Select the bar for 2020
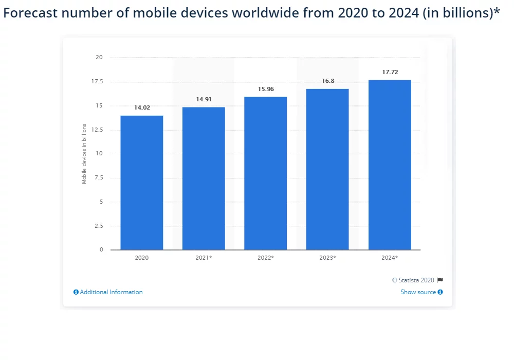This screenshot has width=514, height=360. [x=142, y=183]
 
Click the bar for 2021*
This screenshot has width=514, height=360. [x=204, y=178]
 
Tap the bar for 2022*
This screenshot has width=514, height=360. [x=265, y=173]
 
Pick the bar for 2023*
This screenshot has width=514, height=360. [x=327, y=169]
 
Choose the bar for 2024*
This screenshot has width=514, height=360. [x=390, y=165]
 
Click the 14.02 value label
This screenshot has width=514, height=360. [x=142, y=108]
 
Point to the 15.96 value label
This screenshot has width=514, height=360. [x=266, y=89]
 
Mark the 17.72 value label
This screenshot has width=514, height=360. [x=390, y=72]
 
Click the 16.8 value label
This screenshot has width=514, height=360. [x=327, y=81]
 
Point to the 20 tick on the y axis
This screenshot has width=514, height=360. [x=99, y=57]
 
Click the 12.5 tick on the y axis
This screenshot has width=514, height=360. [x=97, y=130]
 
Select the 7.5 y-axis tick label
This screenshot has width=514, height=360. [x=99, y=178]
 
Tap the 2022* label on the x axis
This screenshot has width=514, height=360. [x=266, y=258]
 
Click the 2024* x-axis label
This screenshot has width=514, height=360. [x=390, y=258]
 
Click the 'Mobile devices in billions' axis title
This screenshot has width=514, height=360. [x=84, y=153]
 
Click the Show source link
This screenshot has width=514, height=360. [x=418, y=292]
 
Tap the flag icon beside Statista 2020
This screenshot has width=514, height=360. [x=440, y=280]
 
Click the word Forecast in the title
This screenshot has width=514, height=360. [x=29, y=14]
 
